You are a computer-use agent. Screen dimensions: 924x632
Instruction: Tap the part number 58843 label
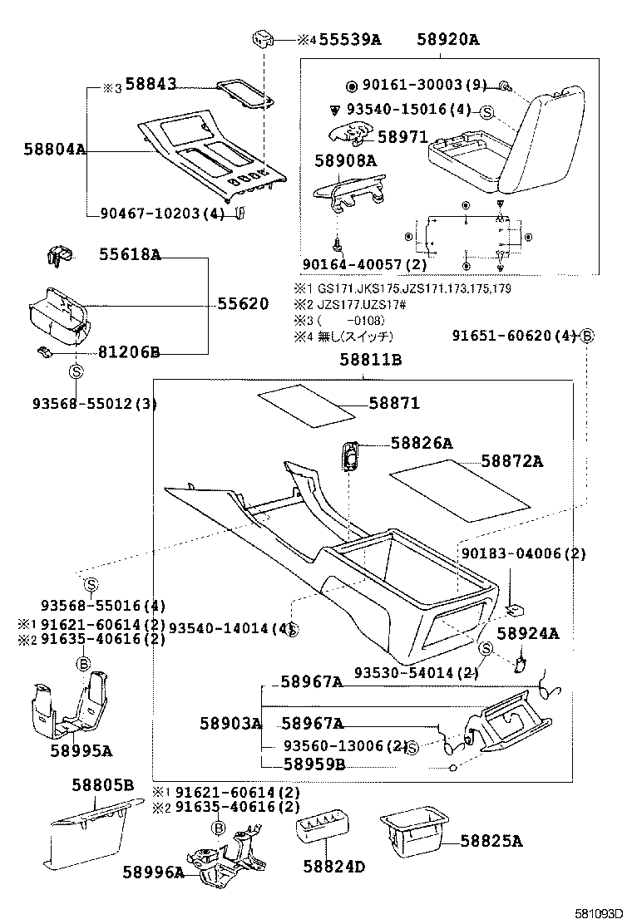(x=151, y=86)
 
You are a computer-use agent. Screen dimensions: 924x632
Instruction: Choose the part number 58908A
(x=345, y=160)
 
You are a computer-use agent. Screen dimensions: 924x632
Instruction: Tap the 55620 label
(x=243, y=304)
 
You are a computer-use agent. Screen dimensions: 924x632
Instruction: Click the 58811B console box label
(x=370, y=360)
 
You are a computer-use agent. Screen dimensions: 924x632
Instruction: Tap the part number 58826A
(x=422, y=443)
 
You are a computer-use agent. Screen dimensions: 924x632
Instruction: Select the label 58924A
(x=527, y=634)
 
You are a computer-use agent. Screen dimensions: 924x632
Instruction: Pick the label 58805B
(x=101, y=785)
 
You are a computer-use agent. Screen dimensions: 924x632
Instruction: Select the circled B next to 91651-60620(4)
(x=587, y=336)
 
